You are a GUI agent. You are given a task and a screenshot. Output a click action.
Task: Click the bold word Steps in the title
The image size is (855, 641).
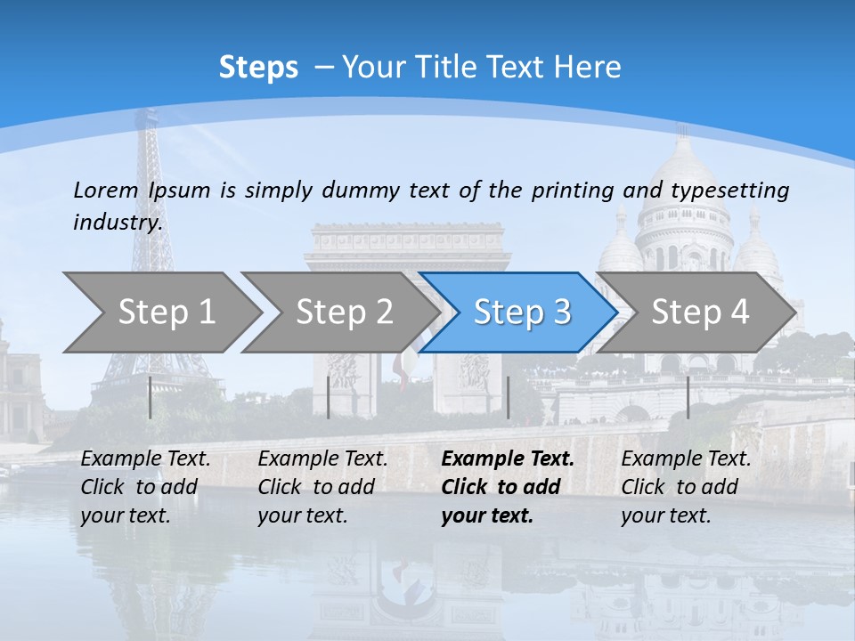[258, 68]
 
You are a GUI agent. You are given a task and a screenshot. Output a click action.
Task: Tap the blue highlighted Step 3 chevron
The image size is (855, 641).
[521, 312]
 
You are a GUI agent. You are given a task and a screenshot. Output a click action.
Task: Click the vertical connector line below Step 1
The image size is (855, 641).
[151, 397]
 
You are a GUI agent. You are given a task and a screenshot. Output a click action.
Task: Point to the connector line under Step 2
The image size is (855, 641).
[329, 397]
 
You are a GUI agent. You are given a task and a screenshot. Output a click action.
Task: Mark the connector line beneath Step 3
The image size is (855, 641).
[508, 397]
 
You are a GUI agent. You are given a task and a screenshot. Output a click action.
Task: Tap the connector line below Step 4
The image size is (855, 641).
[688, 397]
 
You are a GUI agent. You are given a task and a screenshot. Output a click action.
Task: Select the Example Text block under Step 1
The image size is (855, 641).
[145, 487]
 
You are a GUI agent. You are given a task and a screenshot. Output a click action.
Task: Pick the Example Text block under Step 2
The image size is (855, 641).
[322, 487]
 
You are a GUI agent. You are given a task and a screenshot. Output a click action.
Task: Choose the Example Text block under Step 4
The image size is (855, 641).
[686, 487]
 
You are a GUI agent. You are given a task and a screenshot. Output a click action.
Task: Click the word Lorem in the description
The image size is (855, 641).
[106, 190]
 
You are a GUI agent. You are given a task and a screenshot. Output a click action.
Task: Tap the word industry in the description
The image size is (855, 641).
[117, 223]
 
